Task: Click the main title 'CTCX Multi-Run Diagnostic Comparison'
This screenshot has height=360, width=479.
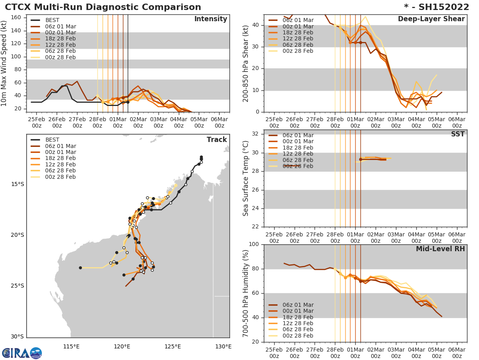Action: (103, 7)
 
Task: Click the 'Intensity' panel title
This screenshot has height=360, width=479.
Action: (210, 19)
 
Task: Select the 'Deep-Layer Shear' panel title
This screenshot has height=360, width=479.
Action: (431, 19)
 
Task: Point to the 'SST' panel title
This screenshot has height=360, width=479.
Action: (457, 134)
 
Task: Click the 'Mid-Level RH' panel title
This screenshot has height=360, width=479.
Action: (440, 249)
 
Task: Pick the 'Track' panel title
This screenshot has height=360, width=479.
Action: (217, 140)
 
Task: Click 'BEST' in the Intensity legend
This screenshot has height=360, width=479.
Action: (52, 20)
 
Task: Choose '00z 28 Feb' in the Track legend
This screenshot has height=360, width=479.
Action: (60, 177)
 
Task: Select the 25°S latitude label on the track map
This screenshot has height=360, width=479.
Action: (18, 286)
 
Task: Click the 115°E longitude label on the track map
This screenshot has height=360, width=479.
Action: (71, 346)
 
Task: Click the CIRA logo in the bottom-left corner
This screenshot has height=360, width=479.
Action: (22, 353)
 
